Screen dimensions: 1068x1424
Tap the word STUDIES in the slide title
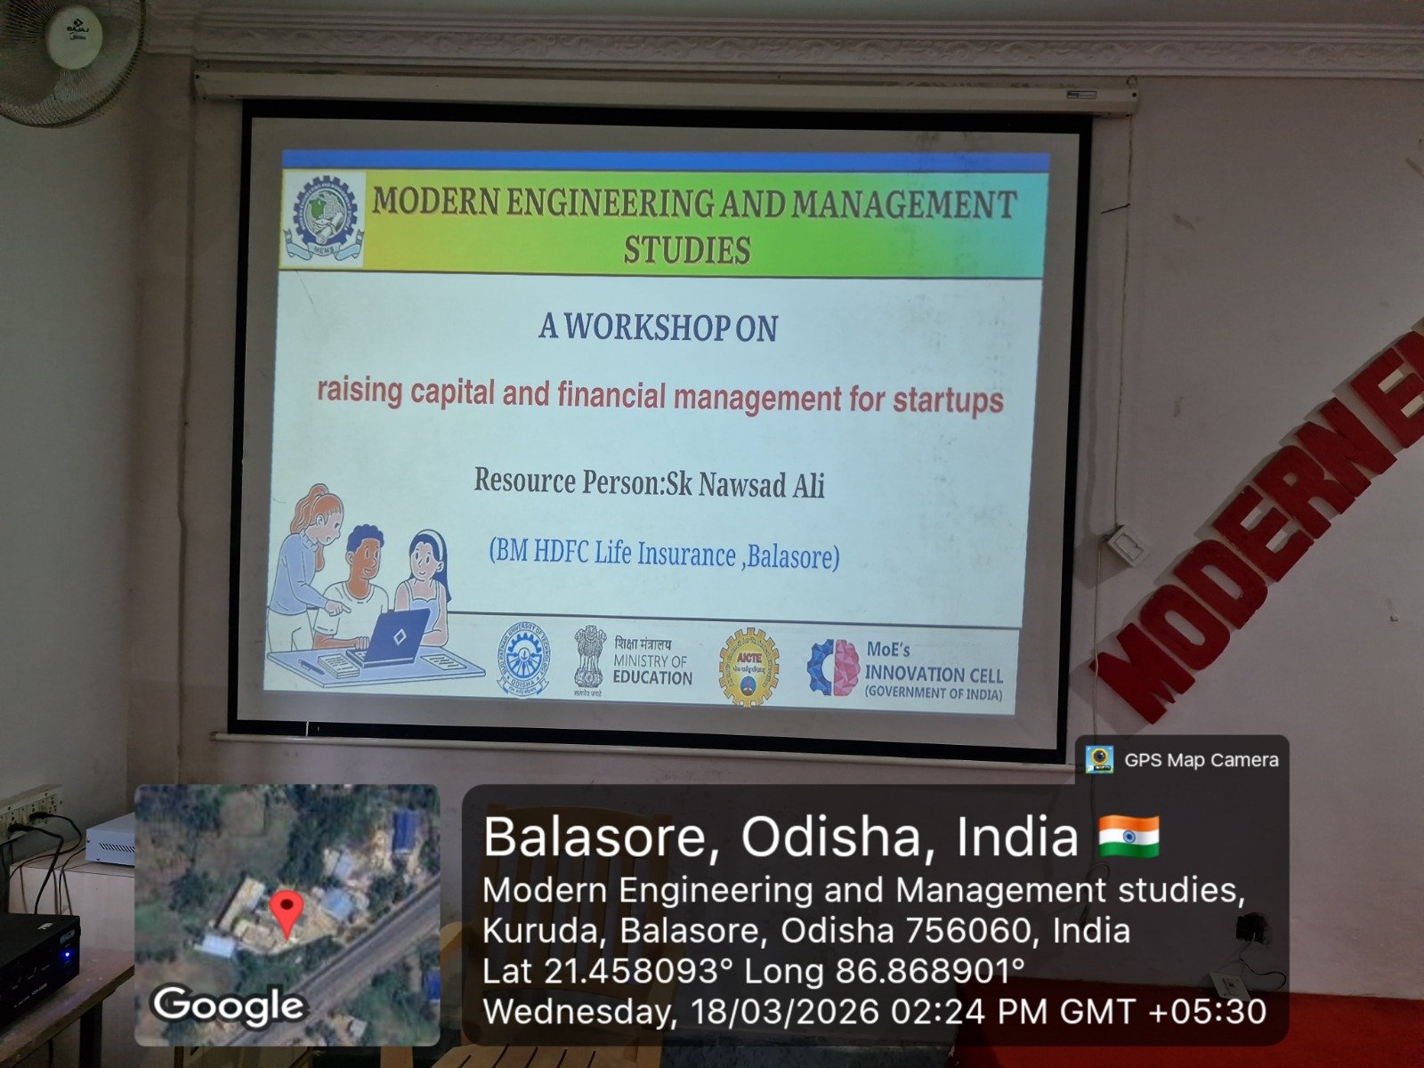click(x=686, y=250)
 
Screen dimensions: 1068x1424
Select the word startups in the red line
click(x=948, y=400)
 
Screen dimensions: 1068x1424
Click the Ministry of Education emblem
click(x=589, y=659)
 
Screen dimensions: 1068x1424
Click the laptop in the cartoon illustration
click(x=398, y=635)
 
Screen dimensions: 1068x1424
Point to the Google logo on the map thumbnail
click(x=229, y=1007)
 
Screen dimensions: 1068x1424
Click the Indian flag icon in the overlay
click(x=1129, y=836)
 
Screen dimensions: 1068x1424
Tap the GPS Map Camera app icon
click(x=1100, y=759)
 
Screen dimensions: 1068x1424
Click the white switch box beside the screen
click(x=1125, y=545)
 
